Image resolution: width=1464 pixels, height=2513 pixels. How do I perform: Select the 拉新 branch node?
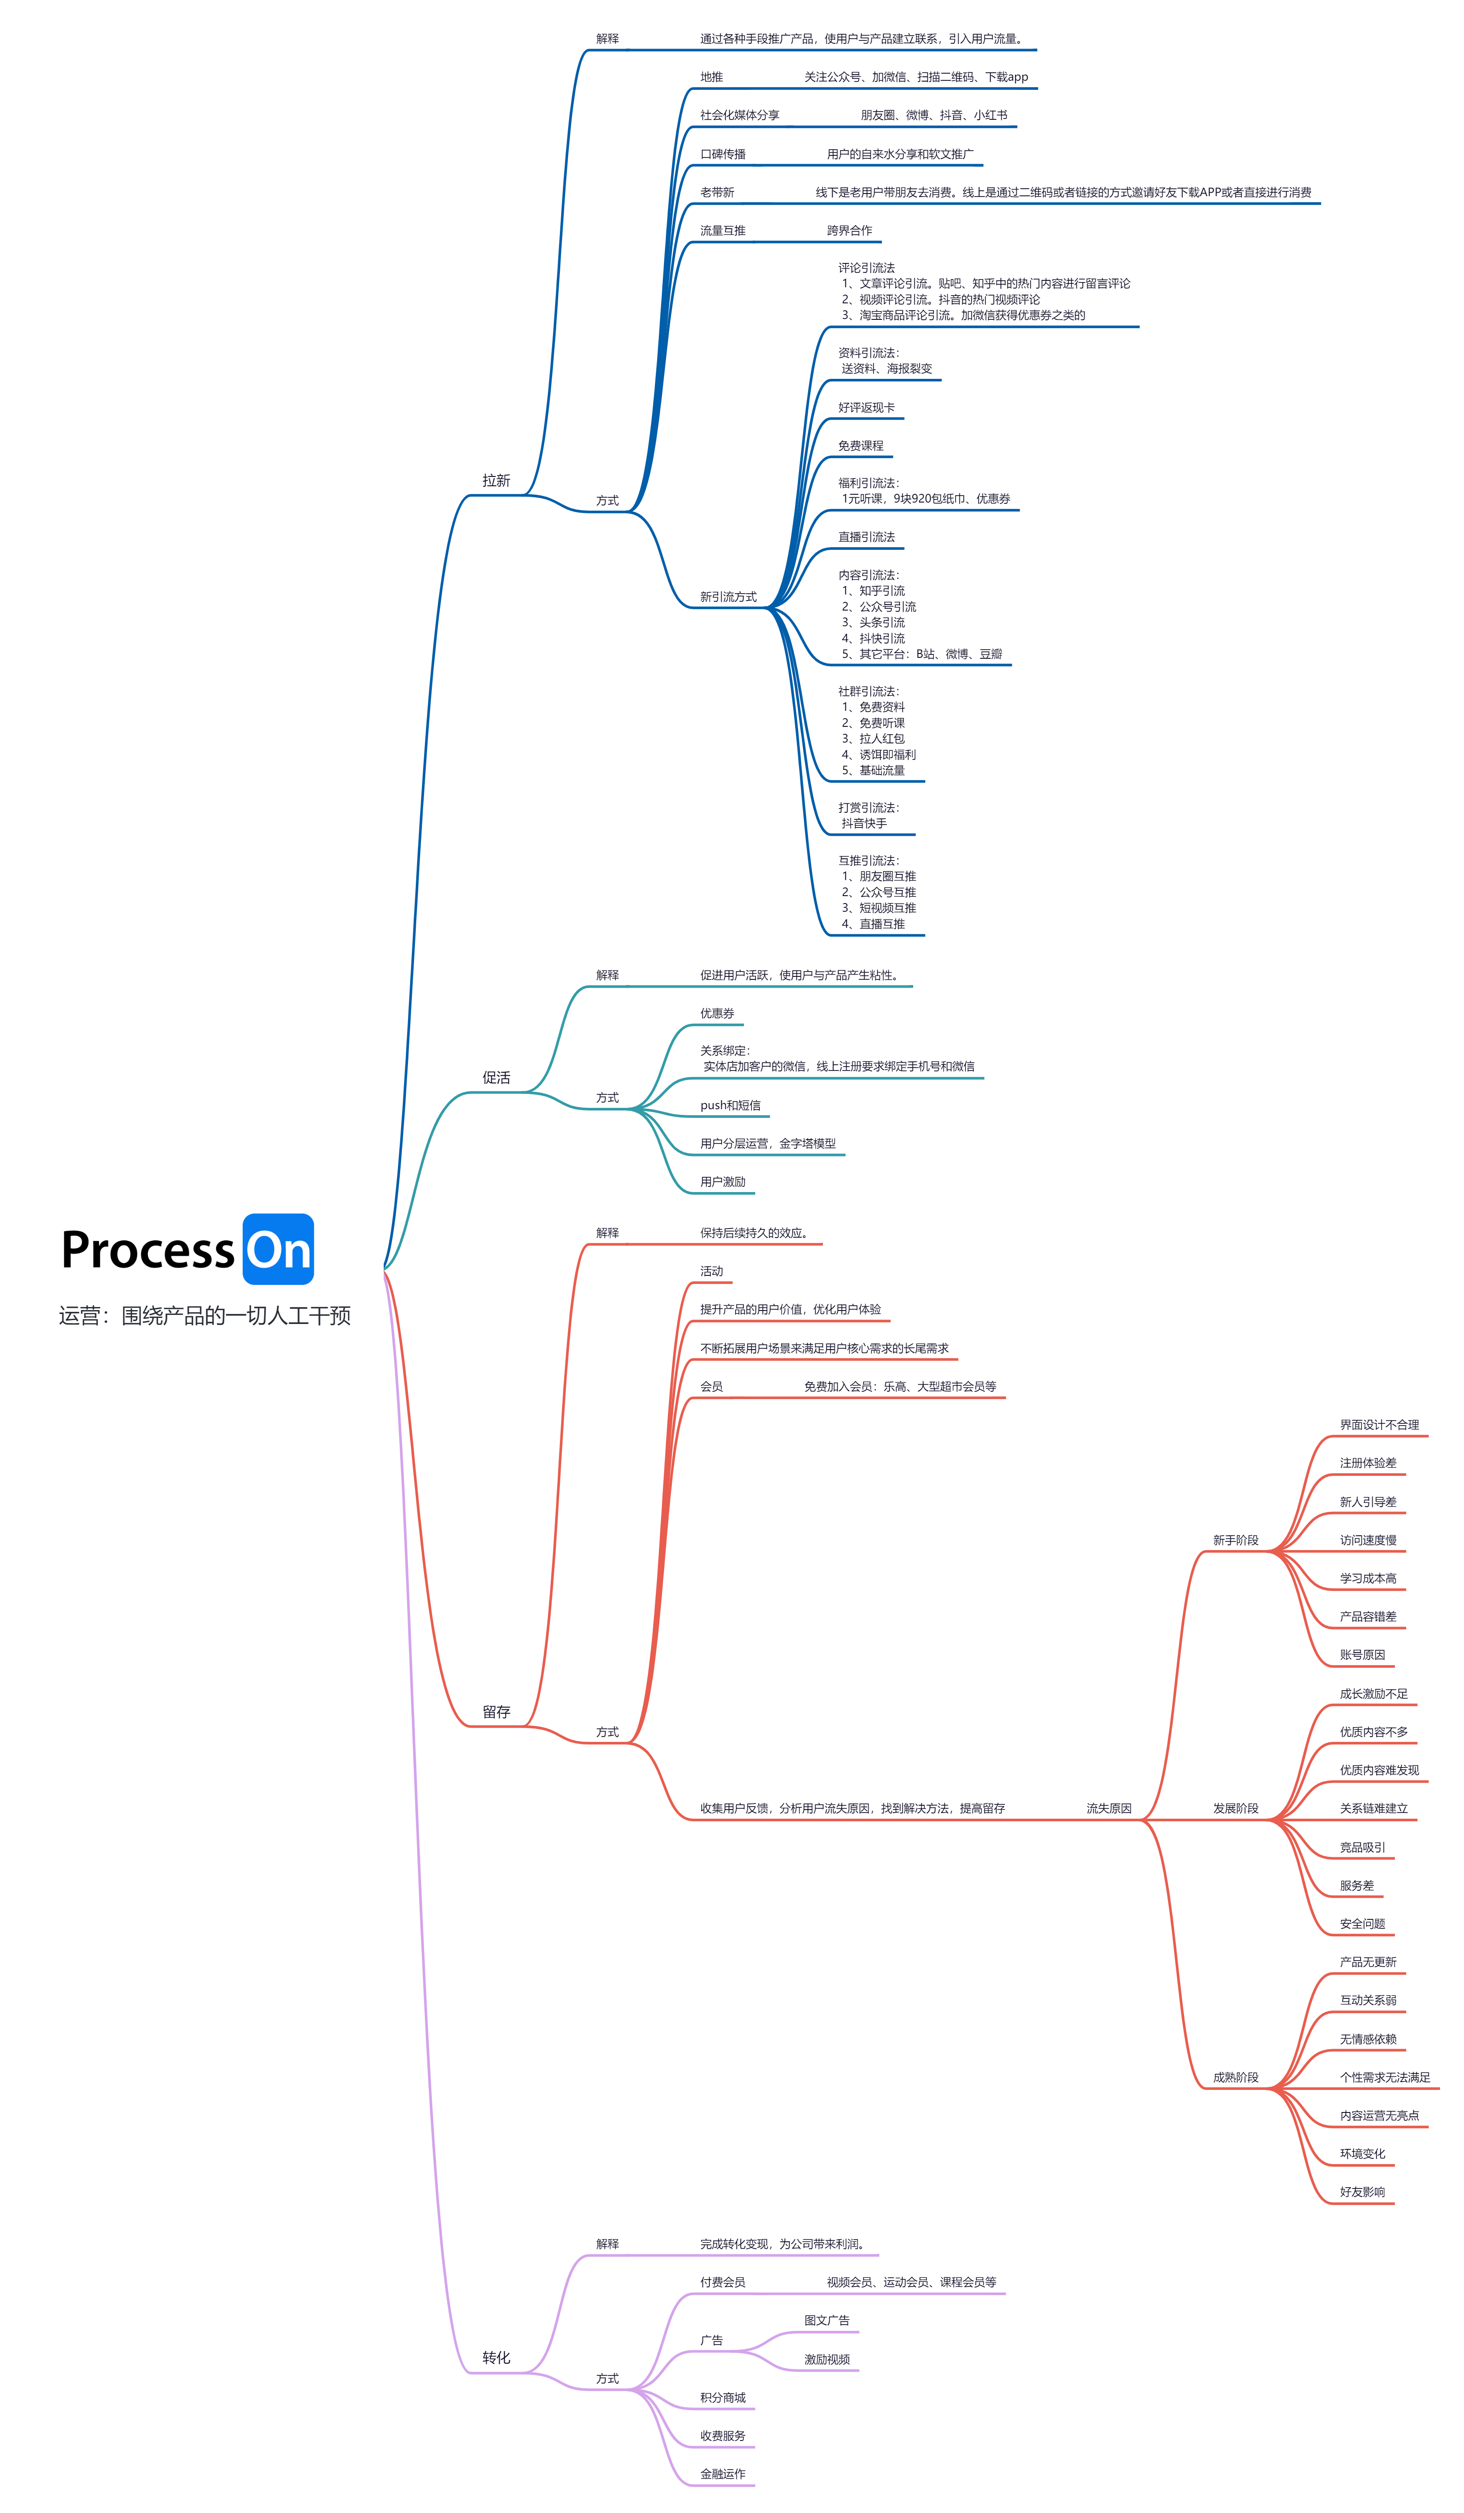[496, 481]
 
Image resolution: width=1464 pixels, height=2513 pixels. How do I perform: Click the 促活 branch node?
[496, 1077]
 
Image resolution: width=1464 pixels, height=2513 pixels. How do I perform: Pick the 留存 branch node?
[496, 1711]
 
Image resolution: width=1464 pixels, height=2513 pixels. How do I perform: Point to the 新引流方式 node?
[728, 596]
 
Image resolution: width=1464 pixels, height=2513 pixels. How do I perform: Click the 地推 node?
[711, 77]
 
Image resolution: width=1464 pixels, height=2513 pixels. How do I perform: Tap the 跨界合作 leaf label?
[849, 230]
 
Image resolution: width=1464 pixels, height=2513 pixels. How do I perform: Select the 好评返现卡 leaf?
[865, 407]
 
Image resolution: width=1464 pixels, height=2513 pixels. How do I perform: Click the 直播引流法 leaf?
[865, 536]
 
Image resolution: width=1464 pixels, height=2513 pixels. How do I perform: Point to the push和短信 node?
[730, 1105]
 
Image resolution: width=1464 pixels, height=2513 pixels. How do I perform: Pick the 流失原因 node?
[1108, 1808]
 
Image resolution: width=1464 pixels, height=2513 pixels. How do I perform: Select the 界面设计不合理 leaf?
[1378, 1425]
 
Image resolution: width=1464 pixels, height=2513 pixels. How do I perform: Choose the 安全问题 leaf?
[1361, 1924]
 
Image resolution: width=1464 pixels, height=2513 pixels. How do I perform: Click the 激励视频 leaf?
[827, 2359]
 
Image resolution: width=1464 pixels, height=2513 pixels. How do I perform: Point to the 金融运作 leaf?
[722, 2474]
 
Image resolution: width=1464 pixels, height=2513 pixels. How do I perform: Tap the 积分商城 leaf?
[722, 2397]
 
